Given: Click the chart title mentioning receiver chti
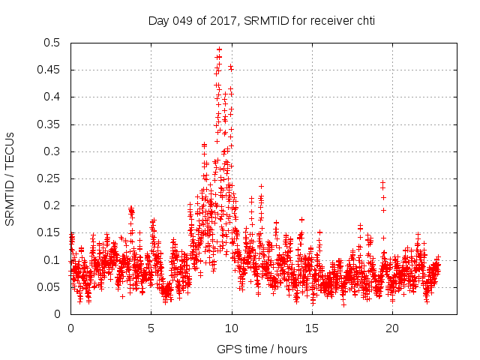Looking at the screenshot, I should [261, 20].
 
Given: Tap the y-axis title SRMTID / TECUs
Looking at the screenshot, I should [10, 179].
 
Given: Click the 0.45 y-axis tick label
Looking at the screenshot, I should [51, 70].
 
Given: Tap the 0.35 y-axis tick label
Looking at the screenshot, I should [51, 124].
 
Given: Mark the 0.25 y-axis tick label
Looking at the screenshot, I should [51, 178].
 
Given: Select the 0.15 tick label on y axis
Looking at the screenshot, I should [51, 233].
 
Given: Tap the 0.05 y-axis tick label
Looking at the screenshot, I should [51, 287].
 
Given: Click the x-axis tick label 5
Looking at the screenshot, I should [151, 328].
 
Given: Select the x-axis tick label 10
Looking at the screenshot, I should [232, 328].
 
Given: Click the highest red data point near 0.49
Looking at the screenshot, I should [219, 49].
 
